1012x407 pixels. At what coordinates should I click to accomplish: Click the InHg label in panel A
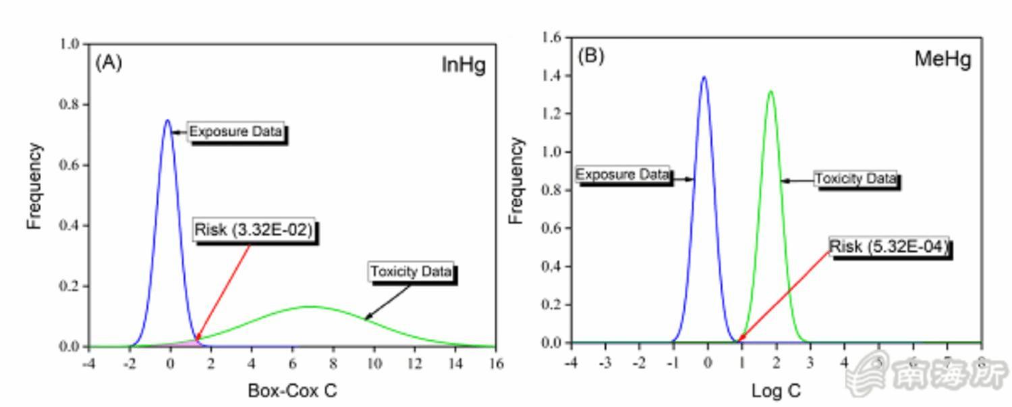[x=463, y=65]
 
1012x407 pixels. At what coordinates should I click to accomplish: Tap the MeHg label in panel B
[x=943, y=59]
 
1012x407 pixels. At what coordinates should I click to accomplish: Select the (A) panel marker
[x=109, y=63]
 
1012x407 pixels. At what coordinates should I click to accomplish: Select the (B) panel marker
[x=591, y=56]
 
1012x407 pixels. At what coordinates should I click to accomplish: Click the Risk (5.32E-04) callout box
[x=889, y=246]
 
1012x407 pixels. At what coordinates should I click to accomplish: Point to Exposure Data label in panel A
[x=235, y=132]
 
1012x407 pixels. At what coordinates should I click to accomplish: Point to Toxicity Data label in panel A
[x=412, y=273]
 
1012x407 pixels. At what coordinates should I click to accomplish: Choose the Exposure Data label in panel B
[x=623, y=175]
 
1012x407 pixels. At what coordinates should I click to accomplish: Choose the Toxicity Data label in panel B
[x=855, y=179]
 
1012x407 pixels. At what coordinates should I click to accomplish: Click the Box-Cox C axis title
[x=292, y=390]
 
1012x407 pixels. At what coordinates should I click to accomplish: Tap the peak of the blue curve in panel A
[x=167, y=120]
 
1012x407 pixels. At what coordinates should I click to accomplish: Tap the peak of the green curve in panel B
[x=770, y=91]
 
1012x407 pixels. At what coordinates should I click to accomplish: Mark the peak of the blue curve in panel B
[x=704, y=76]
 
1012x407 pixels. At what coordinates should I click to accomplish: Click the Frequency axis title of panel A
[x=35, y=186]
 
